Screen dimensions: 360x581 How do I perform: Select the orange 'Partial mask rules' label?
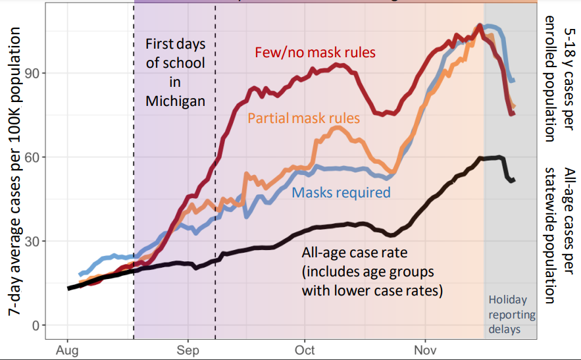(x=303, y=118)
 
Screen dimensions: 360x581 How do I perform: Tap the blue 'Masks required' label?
(x=341, y=193)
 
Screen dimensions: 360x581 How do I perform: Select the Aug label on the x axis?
(x=68, y=349)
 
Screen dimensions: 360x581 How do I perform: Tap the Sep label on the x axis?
(x=188, y=349)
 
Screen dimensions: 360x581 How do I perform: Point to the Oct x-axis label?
(x=305, y=349)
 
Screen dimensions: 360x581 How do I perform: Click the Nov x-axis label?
(x=426, y=349)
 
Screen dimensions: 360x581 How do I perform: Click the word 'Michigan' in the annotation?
(x=176, y=101)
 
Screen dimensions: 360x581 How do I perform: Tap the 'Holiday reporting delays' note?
(x=512, y=314)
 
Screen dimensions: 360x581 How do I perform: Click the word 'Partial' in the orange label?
(x=268, y=118)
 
